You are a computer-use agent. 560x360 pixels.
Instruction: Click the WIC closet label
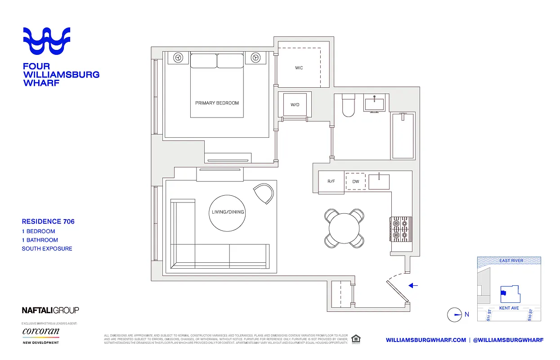pyautogui.click(x=299, y=68)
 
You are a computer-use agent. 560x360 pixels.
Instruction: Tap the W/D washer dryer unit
pyautogui.click(x=295, y=105)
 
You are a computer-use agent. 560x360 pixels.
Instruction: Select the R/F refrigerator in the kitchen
pyautogui.click(x=331, y=182)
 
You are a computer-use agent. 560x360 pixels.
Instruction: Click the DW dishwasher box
pyautogui.click(x=356, y=182)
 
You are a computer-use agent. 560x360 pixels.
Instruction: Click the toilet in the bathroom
pyautogui.click(x=349, y=106)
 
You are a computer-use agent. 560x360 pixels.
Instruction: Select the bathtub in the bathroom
pyautogui.click(x=403, y=136)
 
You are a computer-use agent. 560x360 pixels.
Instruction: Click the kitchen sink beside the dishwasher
pyautogui.click(x=381, y=181)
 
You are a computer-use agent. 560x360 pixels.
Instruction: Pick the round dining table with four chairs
pyautogui.click(x=345, y=228)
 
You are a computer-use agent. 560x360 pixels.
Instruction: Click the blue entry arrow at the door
pyautogui.click(x=413, y=285)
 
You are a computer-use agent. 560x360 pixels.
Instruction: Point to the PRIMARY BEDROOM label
pyautogui.click(x=217, y=103)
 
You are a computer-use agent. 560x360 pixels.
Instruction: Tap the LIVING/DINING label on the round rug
pyautogui.click(x=228, y=212)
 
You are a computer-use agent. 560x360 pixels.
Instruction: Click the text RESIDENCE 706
pyautogui.click(x=48, y=221)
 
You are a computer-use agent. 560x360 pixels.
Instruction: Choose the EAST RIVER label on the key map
pyautogui.click(x=511, y=261)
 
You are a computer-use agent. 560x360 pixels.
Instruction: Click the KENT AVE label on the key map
pyautogui.click(x=509, y=308)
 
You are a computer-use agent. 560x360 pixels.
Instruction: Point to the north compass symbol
pyautogui.click(x=455, y=315)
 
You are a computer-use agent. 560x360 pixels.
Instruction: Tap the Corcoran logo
pyautogui.click(x=41, y=332)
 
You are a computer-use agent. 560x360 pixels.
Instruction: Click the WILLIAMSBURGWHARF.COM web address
pyautogui.click(x=426, y=340)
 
